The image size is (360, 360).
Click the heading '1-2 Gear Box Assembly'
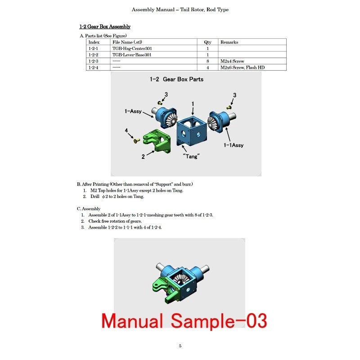105,27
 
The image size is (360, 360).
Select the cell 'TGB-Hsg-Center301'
132,49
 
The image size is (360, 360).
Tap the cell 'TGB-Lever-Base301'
132,55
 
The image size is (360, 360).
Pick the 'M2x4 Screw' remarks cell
232,61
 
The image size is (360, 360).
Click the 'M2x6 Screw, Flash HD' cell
243,67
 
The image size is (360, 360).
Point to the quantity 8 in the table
207,61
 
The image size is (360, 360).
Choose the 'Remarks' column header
229,42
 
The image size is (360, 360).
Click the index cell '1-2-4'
93,67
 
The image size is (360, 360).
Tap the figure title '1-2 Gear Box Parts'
176,80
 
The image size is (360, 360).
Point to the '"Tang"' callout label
191,156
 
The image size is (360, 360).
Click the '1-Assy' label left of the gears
133,111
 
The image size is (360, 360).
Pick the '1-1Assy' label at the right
234,145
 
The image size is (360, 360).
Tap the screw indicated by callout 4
137,140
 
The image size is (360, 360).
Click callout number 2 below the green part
143,157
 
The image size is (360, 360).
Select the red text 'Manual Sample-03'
184,321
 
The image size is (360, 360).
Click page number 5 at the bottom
180,346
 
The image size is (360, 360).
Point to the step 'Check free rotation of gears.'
115,221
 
